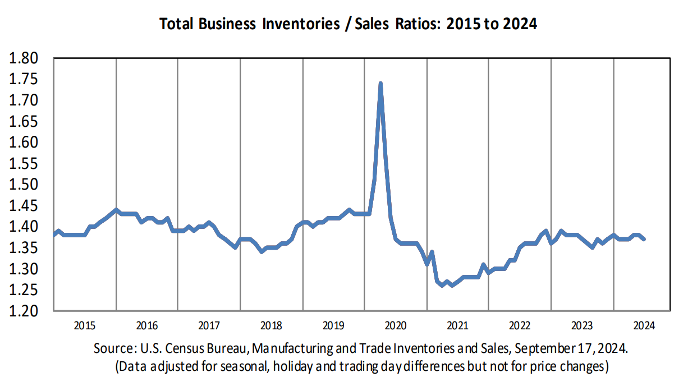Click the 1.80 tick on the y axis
pos(24,58)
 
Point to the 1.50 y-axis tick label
pos(24,185)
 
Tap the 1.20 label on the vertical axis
pos(24,311)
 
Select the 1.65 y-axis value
pos(24,121)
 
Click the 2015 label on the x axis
pos(85,325)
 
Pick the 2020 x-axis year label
pos(396,325)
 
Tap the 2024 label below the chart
pos(644,325)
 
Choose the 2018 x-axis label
pos(271,325)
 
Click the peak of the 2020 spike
pos(380,84)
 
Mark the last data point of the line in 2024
pos(644,239)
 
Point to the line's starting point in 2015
pos(54,235)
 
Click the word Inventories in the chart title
pos(301,24)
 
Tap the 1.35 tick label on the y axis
pos(24,248)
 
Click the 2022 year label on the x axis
pos(520,325)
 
